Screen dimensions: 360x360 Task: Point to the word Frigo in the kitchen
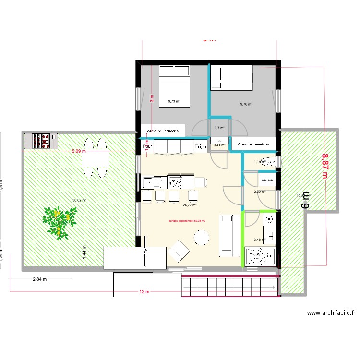coord(201,147)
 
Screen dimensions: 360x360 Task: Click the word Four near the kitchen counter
coord(148,146)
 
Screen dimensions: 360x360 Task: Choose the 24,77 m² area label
coord(190,205)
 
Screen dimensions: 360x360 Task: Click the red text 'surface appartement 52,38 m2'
coord(187,221)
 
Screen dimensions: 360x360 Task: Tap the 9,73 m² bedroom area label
coord(174,101)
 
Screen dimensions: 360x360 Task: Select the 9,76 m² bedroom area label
coord(246,104)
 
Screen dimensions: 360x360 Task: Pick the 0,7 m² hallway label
coord(220,128)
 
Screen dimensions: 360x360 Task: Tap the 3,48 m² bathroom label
coord(260,240)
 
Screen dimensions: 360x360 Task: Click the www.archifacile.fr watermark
coord(331,313)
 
